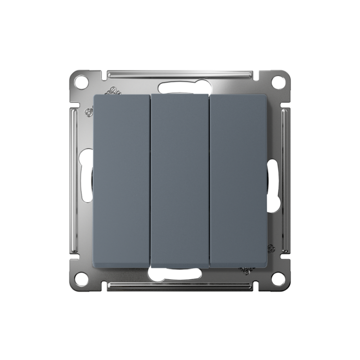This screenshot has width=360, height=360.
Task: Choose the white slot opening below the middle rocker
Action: point(180,274)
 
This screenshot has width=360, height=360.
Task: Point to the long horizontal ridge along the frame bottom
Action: point(180,286)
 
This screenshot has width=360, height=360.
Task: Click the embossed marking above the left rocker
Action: point(112,92)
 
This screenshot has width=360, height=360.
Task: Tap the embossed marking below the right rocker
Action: point(247,270)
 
